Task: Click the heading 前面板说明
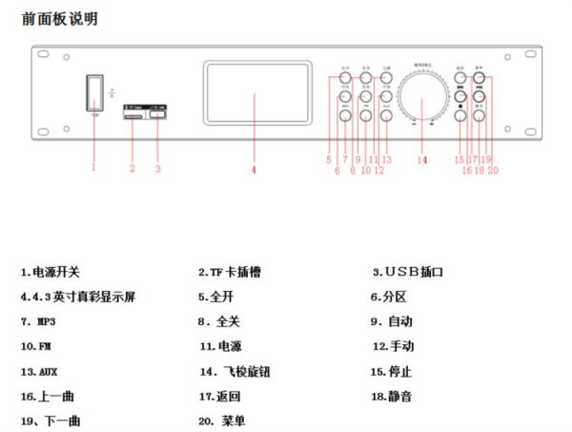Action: (x=59, y=19)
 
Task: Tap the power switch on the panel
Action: (x=93, y=93)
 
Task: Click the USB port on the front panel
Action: (x=158, y=115)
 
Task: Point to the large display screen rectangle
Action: (x=257, y=93)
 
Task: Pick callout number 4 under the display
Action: (x=254, y=171)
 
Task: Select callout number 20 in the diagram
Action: (x=493, y=171)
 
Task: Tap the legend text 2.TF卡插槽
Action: (x=230, y=273)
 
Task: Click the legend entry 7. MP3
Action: (x=39, y=321)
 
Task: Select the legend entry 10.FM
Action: (x=37, y=345)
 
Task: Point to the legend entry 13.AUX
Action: (x=39, y=370)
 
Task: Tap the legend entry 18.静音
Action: (x=392, y=395)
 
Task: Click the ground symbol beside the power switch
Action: (x=112, y=93)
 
